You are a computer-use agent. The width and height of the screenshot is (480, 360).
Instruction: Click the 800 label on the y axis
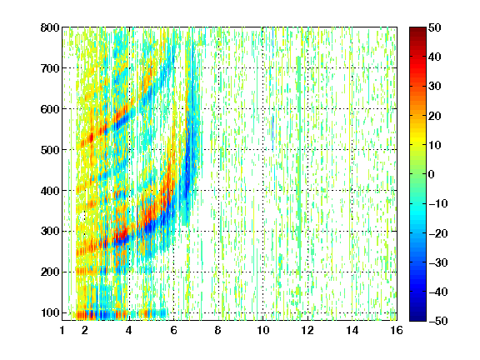point(50,27)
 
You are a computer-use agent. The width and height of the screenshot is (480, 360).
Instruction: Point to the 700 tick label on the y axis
point(50,68)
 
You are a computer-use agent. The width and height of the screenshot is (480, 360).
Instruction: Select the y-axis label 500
point(50,150)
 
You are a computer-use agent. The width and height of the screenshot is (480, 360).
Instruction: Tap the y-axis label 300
point(50,232)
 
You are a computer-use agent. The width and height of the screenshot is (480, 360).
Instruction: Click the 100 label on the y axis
point(50,312)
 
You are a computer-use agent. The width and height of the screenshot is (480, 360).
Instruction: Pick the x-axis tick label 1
point(62,330)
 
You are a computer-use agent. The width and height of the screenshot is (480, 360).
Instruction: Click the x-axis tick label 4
point(129,330)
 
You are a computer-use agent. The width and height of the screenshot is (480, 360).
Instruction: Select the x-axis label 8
point(217,330)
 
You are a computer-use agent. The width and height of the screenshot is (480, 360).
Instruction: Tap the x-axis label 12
point(307,330)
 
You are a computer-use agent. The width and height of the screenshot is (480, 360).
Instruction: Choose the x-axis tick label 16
point(397,330)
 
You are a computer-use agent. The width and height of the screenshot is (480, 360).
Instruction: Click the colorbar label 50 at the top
point(434,27)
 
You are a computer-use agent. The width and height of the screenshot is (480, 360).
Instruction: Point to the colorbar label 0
point(432,174)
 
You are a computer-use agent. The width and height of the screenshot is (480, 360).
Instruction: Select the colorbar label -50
point(437,321)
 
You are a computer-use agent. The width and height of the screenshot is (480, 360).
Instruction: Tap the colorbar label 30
point(434,87)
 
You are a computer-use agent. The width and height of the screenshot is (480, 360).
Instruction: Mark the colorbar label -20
point(437,233)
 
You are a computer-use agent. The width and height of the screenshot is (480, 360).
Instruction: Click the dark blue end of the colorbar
point(417,318)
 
